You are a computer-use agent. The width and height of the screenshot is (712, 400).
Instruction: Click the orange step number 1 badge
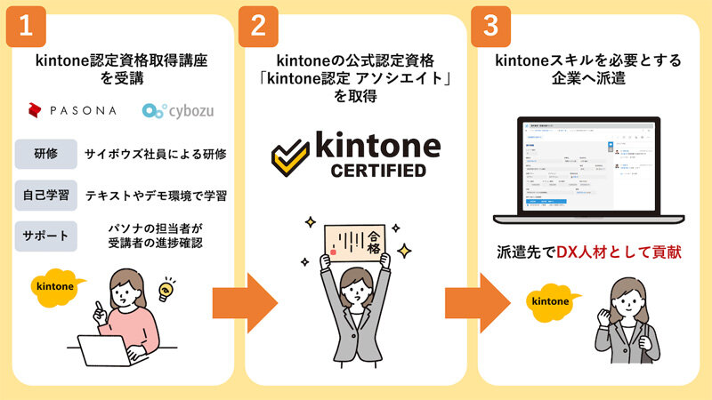pos(26,26)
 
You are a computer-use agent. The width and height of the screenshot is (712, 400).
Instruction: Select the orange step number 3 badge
pos(490,26)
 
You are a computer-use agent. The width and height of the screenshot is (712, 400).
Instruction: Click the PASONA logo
pos(72,111)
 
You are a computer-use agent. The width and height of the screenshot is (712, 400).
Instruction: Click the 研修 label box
pos(44,154)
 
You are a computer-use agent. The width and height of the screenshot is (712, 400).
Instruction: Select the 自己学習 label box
pos(44,193)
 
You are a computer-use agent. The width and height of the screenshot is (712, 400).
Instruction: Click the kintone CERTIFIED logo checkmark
pos(291,156)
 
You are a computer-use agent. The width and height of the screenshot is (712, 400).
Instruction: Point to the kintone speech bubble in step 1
pos(57,286)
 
